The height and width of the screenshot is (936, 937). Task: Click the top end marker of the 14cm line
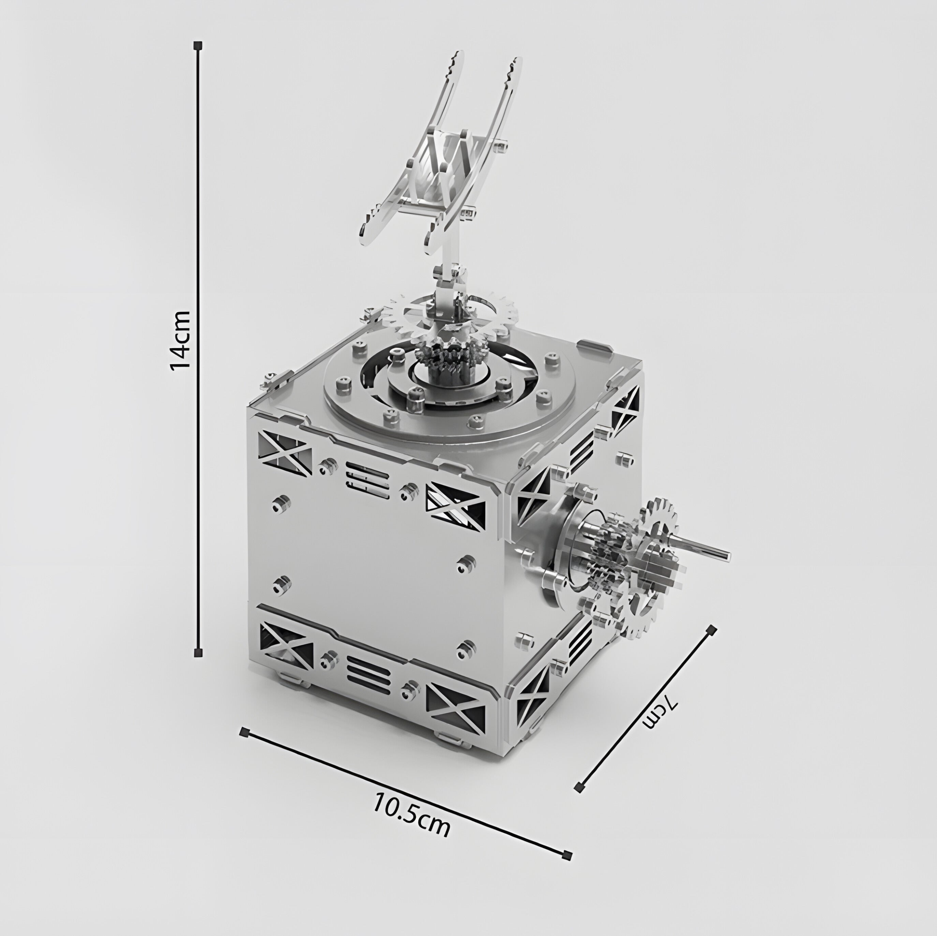click(x=198, y=46)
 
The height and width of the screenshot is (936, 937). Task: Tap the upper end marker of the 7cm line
click(x=712, y=630)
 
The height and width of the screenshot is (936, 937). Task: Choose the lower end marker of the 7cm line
click(x=578, y=788)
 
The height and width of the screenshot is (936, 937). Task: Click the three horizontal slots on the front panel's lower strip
click(x=369, y=677)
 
